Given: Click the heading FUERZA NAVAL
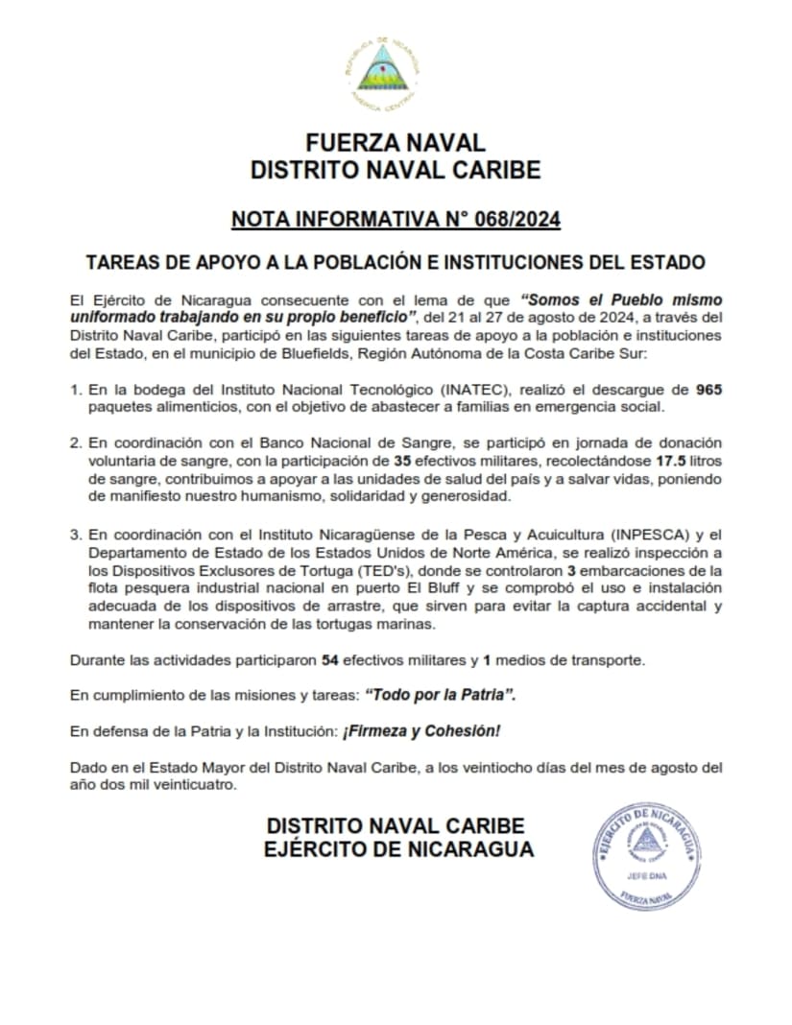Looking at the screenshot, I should click(x=396, y=144).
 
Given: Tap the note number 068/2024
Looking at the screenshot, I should click(x=509, y=221).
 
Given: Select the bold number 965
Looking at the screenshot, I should click(x=708, y=390).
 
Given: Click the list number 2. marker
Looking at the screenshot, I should click(x=76, y=444).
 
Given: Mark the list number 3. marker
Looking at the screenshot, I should click(x=76, y=535).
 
